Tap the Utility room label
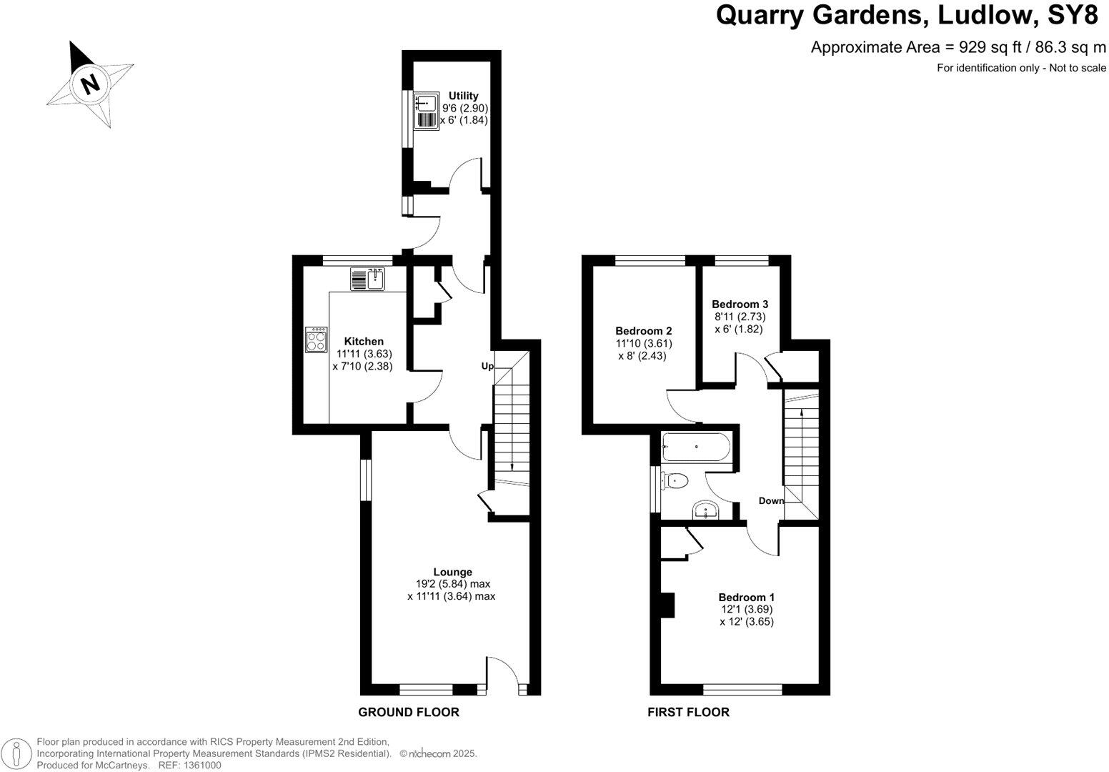(463, 96)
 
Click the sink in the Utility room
(427, 103)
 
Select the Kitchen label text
(364, 342)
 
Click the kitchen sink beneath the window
(368, 279)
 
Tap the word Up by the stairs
(487, 366)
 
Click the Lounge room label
(452, 572)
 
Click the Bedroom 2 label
(643, 331)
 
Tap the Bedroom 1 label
(747, 597)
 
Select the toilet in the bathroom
(675, 481)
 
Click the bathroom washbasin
(706, 510)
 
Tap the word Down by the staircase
(771, 500)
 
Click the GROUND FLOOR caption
(408, 712)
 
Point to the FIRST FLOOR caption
(688, 712)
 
